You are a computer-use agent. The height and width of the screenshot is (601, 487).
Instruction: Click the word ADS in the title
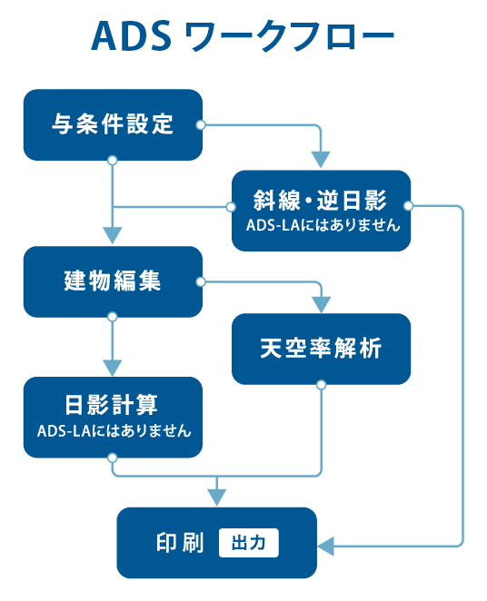pos(131,36)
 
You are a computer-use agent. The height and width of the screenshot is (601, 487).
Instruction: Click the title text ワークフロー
pos(290,36)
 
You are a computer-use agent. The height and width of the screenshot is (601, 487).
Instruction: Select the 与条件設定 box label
pos(113,123)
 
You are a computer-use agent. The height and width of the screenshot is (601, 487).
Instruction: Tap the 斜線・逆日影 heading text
pos(320,200)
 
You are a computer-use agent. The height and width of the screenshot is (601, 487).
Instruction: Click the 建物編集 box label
pos(113,281)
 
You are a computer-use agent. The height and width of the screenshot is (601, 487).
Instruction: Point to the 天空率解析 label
pos(321,348)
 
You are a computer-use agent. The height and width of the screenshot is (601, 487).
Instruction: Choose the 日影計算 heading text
pos(111,404)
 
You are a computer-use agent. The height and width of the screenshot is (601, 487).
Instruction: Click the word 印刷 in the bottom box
pos(180,543)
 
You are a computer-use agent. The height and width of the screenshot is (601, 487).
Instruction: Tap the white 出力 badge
pos(248,543)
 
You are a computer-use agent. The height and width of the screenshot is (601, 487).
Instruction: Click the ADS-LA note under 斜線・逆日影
pos(323,225)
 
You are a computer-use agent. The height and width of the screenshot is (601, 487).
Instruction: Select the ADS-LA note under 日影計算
pos(114,431)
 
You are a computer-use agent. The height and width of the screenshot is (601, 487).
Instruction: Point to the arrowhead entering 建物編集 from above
pos(113,235)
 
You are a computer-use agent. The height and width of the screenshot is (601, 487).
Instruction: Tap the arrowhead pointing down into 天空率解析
pos(322,305)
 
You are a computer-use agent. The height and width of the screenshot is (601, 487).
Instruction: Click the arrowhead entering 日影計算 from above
pos(113,368)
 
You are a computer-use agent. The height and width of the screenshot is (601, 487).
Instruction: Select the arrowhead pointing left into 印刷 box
pos(326,546)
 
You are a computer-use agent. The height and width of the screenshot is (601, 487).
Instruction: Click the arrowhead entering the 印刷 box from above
pos(216,498)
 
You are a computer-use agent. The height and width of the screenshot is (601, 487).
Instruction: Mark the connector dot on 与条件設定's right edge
pos(201,125)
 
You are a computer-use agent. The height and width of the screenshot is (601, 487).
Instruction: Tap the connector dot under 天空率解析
pos(322,384)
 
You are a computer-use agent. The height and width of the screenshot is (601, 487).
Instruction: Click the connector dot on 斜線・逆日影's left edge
pos(231,207)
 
